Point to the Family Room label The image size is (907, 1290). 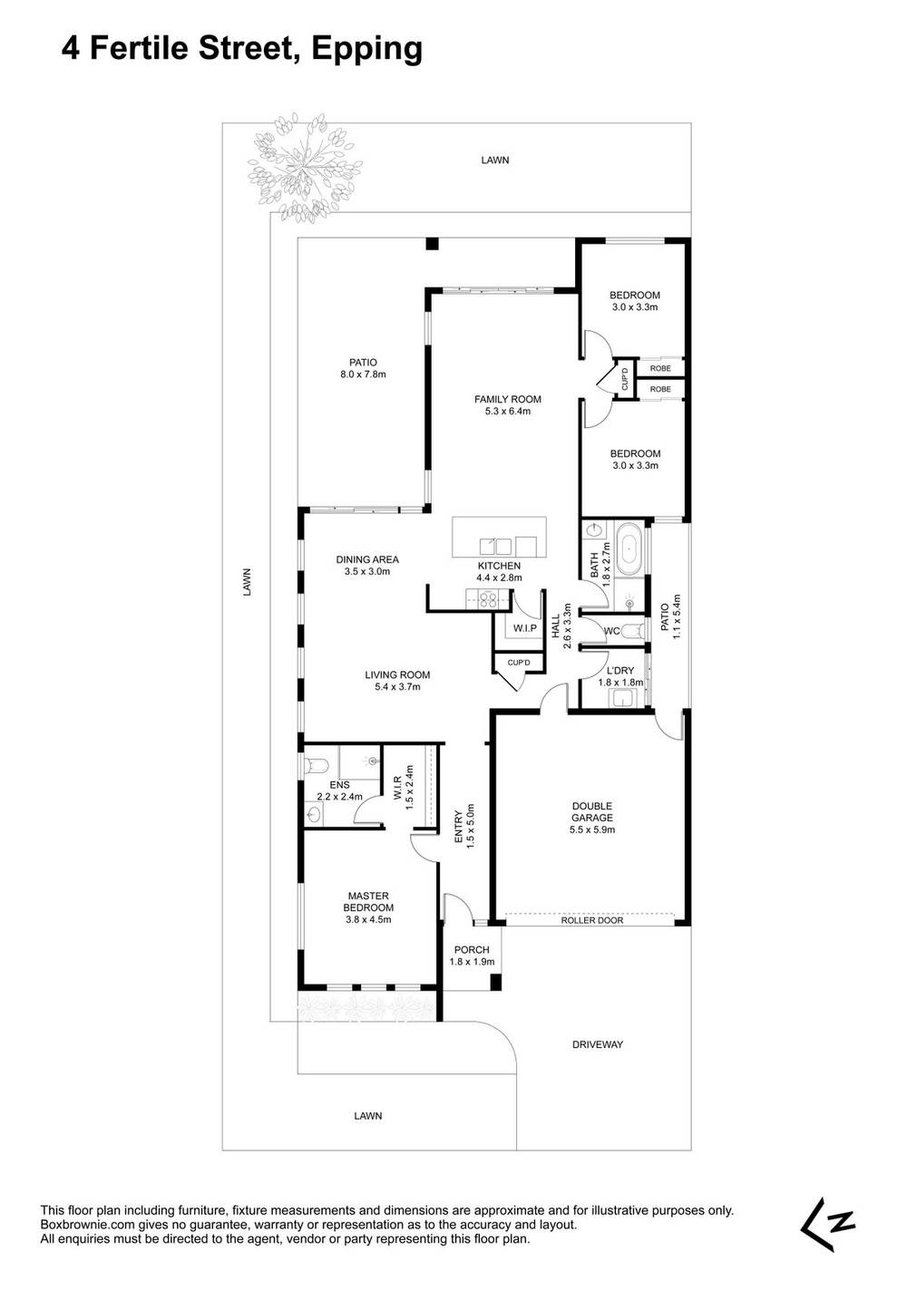[507, 404]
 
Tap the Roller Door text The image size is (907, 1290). [591, 920]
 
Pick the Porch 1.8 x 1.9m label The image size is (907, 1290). [472, 955]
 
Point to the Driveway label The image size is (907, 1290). [598, 1044]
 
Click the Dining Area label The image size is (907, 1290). [366, 566]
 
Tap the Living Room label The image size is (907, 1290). [396, 681]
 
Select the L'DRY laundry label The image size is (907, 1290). [619, 676]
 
